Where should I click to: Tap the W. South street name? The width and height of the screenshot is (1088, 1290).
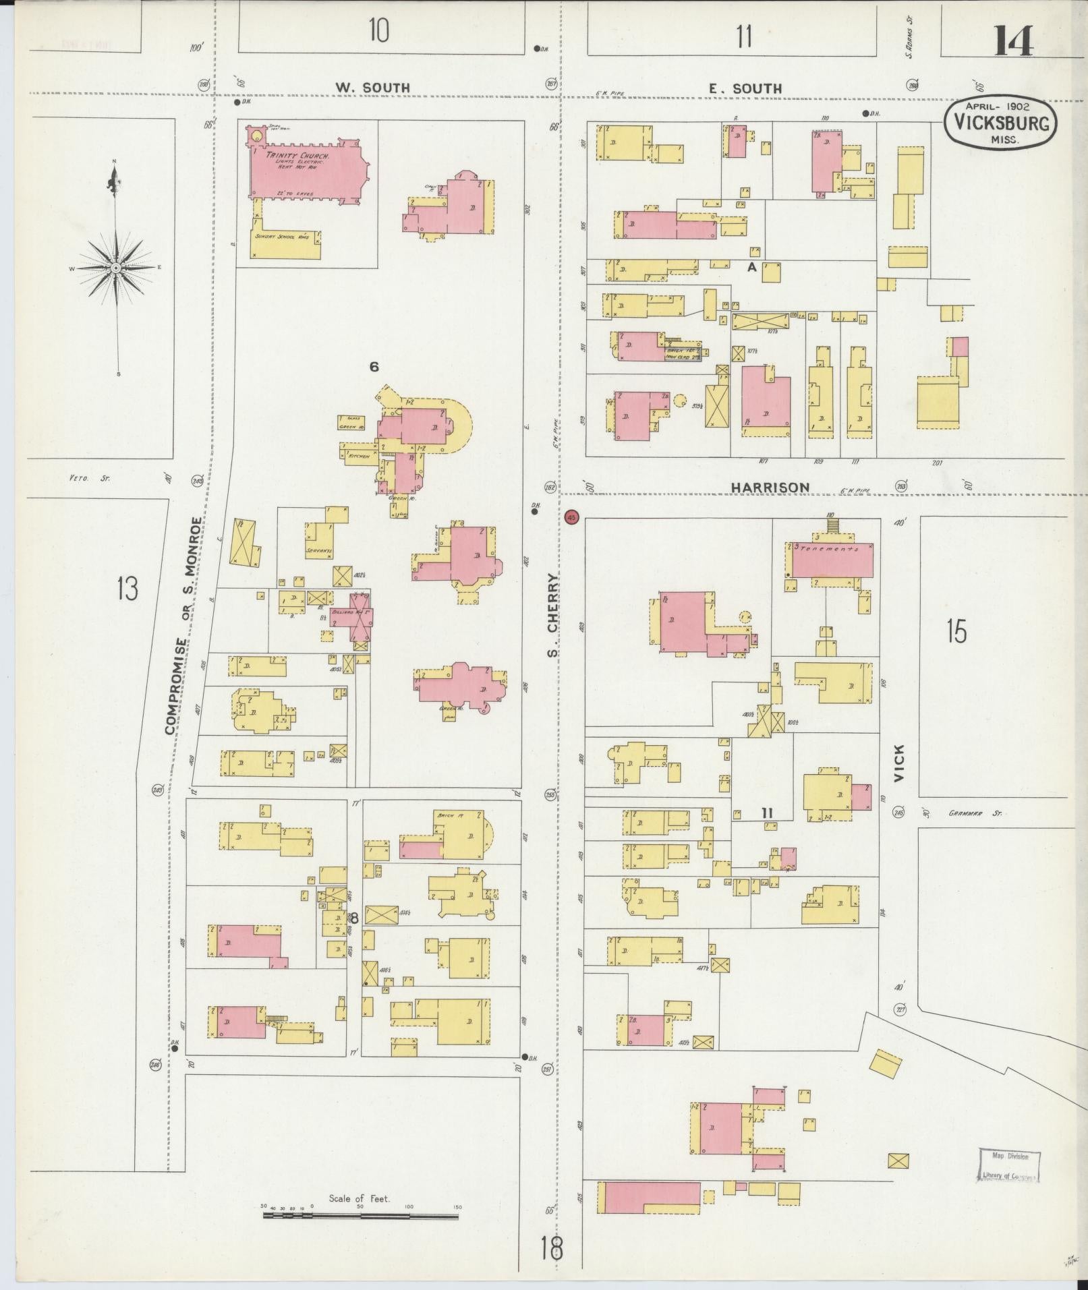tap(373, 88)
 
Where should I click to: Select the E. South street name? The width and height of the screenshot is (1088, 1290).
tap(745, 88)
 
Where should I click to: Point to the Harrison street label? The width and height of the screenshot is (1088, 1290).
tap(771, 487)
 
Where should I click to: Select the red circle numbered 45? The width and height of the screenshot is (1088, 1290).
tap(572, 518)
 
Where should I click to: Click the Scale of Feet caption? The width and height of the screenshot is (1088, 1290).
tap(360, 1198)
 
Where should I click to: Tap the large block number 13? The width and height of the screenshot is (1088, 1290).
tap(127, 588)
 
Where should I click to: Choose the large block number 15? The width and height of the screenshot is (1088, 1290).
tap(956, 632)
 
